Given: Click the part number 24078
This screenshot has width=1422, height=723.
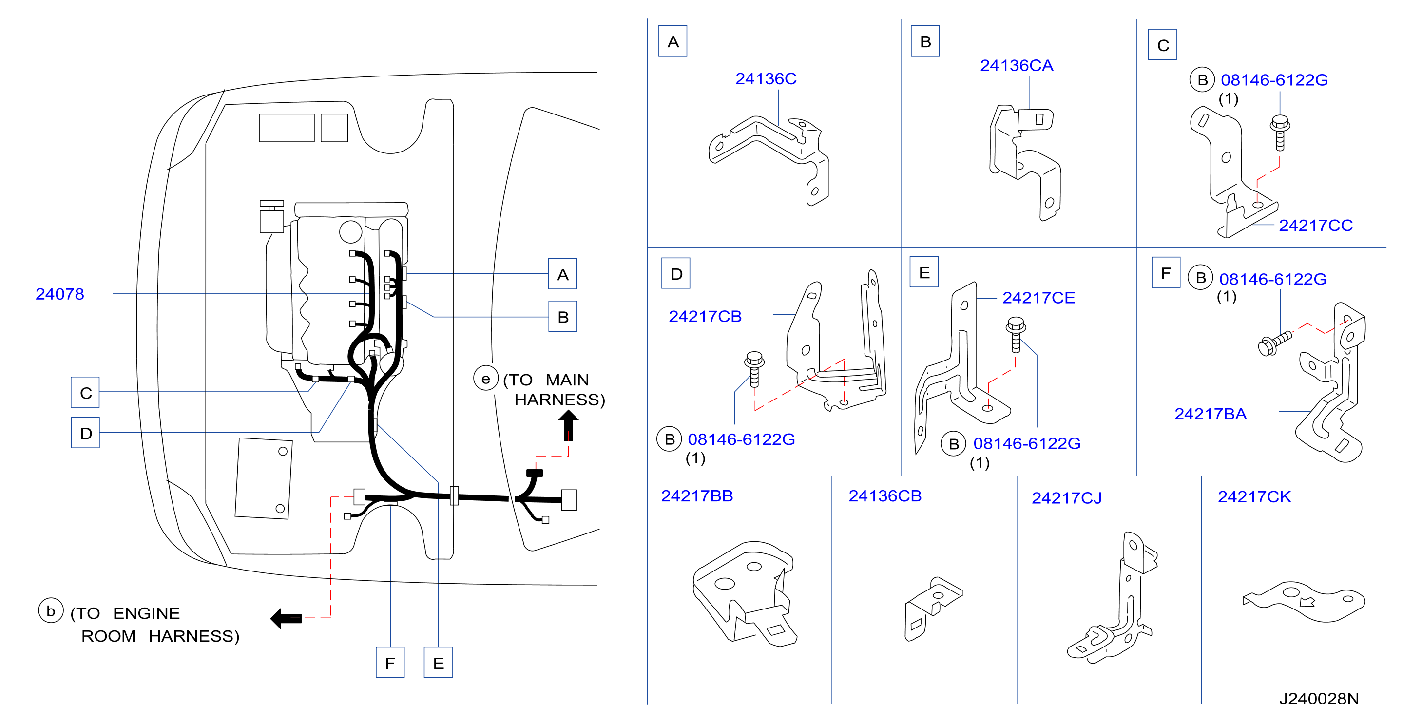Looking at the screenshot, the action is pyautogui.click(x=59, y=294).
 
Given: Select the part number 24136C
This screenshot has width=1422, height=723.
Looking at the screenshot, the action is pyautogui.click(x=766, y=79).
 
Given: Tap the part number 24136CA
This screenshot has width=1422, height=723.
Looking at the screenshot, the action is pyautogui.click(x=1016, y=66).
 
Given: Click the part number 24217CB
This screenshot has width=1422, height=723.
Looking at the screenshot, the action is pyautogui.click(x=705, y=316).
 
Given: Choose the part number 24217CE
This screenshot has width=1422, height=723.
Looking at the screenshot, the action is pyautogui.click(x=1038, y=298).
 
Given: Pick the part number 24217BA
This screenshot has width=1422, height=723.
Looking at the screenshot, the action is pyautogui.click(x=1210, y=414).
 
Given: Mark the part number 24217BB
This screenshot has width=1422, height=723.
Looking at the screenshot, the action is pyautogui.click(x=697, y=496).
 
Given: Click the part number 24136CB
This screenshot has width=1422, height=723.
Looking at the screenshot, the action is pyautogui.click(x=885, y=496).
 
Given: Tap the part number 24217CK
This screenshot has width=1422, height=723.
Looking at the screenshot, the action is pyautogui.click(x=1254, y=497).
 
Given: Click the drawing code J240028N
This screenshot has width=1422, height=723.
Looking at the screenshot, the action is pyautogui.click(x=1319, y=699).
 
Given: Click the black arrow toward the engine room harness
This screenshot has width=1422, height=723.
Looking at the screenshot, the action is pyautogui.click(x=286, y=618).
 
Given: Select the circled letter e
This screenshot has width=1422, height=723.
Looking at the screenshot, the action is pyautogui.click(x=486, y=379).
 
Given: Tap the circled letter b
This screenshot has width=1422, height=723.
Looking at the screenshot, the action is pyautogui.click(x=51, y=611).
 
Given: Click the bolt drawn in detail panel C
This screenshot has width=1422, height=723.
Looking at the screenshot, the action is pyautogui.click(x=1280, y=133).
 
